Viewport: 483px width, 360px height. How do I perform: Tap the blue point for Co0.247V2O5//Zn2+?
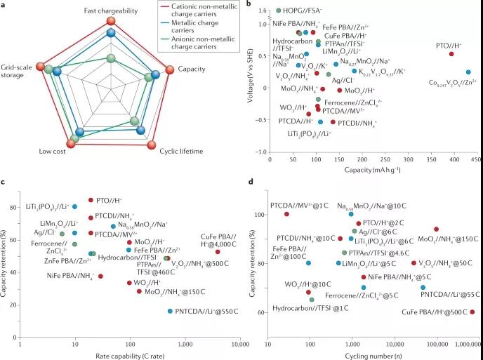pyautogui.click(x=468, y=72)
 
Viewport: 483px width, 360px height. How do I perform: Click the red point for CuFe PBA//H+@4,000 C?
pyautogui.click(x=218, y=252)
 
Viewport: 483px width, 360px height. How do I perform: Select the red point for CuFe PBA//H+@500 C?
pyautogui.click(x=472, y=312)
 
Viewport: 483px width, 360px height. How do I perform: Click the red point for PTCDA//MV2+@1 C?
pyautogui.click(x=286, y=213)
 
